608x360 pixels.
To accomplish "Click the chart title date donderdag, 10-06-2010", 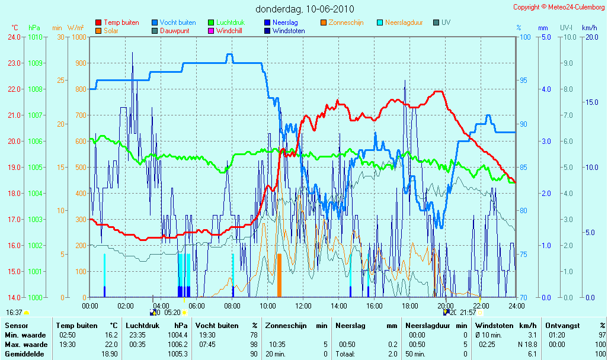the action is (x=305, y=8).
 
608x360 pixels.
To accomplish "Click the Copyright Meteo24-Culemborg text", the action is (x=559, y=7).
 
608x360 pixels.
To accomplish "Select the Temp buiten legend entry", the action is (x=117, y=22).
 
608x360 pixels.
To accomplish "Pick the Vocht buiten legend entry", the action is (x=174, y=22).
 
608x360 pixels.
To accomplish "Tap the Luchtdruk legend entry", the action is (x=226, y=22).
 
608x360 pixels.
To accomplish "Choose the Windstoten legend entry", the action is (x=284, y=31).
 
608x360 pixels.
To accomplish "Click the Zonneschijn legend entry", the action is (x=342, y=22).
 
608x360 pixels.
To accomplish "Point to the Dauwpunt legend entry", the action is (x=171, y=31).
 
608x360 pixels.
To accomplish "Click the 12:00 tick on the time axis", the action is (x=303, y=306).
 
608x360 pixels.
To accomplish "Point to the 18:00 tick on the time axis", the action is (x=410, y=306).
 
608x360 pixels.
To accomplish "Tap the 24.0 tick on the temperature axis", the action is (x=14, y=37).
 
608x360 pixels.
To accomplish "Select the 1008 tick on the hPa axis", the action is (x=36, y=89).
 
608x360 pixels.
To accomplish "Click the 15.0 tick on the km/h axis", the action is (x=592, y=102).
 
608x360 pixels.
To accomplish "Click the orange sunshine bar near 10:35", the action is (x=279, y=275).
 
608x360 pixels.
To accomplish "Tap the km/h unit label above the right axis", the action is (x=590, y=28).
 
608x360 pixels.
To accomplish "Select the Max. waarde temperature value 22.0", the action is (x=111, y=345).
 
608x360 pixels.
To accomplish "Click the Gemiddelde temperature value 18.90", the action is (x=110, y=354).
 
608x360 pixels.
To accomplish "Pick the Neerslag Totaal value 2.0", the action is (x=393, y=354).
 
